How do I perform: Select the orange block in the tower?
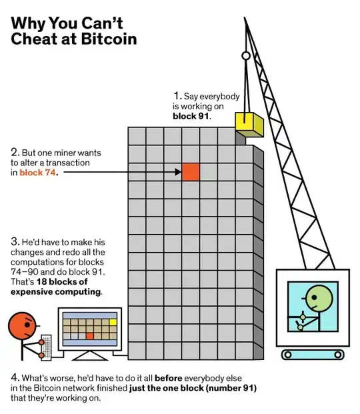191,171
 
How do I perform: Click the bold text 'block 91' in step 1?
191,115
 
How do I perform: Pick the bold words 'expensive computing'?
55,291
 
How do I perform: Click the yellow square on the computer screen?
113,322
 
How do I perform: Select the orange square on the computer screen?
89,336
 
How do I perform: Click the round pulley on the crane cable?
245,57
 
